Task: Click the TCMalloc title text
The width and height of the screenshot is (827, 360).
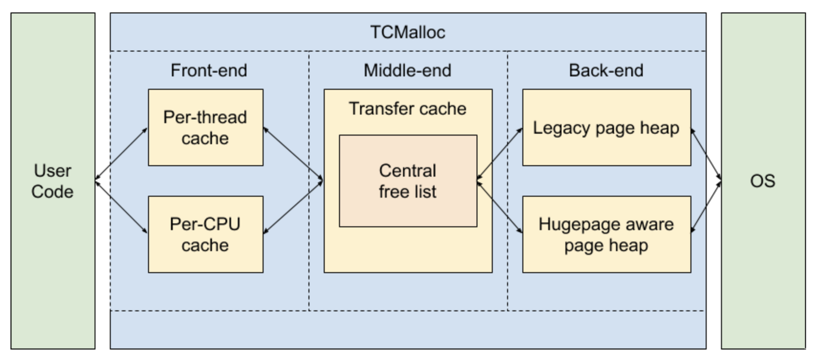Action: tap(407, 32)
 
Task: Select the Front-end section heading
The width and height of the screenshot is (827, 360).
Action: tap(208, 71)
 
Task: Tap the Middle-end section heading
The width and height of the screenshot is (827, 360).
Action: tap(407, 71)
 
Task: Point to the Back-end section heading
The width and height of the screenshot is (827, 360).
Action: tap(606, 71)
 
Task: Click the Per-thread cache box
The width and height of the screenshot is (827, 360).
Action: tap(205, 127)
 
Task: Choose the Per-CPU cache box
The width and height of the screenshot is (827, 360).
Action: tap(205, 234)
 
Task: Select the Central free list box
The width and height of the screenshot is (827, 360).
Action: tap(407, 181)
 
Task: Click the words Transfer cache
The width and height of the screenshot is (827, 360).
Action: tap(407, 109)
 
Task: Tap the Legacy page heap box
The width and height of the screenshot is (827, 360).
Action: tap(606, 127)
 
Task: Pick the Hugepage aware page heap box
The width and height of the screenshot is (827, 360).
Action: tap(606, 234)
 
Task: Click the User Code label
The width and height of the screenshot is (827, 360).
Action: tap(52, 181)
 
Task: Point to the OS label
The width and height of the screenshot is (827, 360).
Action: tap(763, 181)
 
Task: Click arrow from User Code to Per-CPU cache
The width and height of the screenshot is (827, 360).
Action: tap(121, 207)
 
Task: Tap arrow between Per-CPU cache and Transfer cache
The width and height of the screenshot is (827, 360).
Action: tap(293, 207)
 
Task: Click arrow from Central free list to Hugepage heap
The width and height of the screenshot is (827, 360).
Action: tap(499, 207)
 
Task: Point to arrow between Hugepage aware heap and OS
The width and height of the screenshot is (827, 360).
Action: tap(706, 207)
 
